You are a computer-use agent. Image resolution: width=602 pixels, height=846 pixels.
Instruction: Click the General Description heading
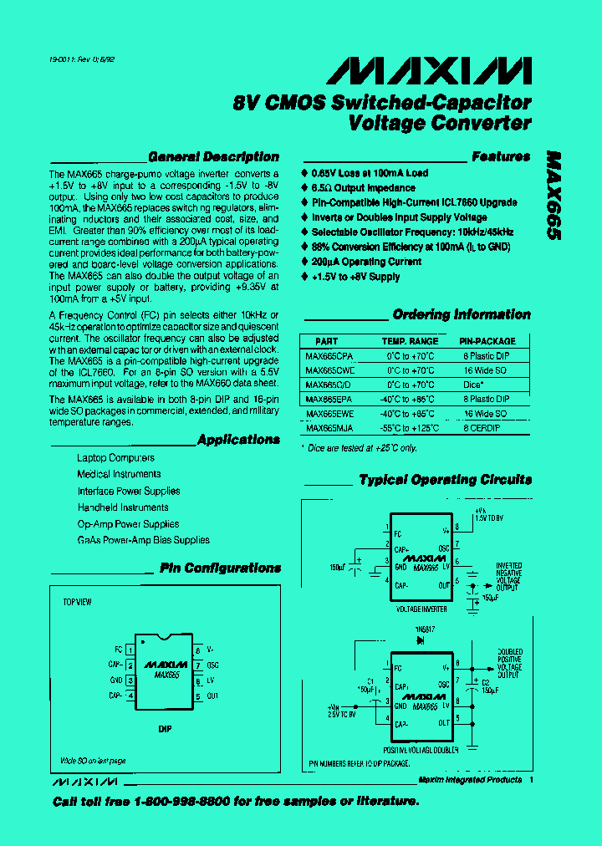[x=213, y=156]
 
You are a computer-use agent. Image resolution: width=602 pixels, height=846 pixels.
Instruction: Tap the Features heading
[x=500, y=156]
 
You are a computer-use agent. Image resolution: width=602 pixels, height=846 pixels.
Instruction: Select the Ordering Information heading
[x=462, y=315]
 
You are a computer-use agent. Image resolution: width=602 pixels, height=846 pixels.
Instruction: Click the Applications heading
[x=238, y=440]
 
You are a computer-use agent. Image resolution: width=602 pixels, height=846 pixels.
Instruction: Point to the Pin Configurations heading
[x=220, y=568]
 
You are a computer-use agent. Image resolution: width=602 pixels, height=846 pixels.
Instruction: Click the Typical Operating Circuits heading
[x=445, y=480]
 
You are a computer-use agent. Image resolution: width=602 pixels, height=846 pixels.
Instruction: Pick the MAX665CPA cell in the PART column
[x=329, y=355]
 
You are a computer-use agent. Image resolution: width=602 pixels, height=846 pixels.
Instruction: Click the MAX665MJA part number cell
[x=329, y=427]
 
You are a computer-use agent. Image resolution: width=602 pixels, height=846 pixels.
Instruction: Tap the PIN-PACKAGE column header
[x=487, y=341]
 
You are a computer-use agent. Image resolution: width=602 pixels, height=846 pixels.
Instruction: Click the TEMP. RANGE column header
[x=410, y=341]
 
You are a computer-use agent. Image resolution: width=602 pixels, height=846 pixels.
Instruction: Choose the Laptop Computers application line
[x=115, y=458]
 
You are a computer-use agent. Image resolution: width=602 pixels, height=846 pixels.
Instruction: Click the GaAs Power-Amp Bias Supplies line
[x=143, y=540]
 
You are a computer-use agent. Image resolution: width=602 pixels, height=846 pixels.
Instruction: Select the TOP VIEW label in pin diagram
[x=78, y=602]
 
